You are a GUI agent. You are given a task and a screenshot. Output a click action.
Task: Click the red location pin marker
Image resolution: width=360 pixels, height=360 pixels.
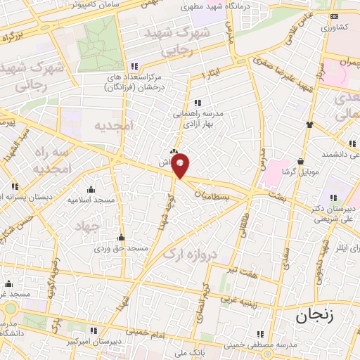pos(181,165)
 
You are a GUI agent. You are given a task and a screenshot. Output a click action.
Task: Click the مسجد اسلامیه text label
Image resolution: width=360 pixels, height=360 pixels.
pos(90,200)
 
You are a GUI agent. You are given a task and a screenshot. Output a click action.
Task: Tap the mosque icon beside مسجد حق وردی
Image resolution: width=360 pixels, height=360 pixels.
pos(122,237)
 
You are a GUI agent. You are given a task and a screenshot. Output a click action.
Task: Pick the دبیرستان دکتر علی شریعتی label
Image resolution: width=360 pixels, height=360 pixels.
pos(330,214)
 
